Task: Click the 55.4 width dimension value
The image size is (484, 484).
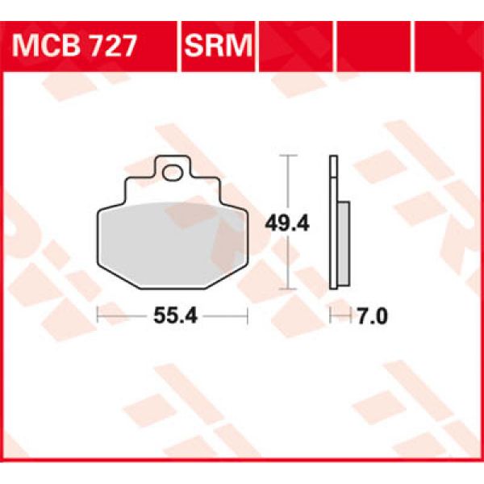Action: click(171, 317)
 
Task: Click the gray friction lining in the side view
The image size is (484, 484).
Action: click(342, 242)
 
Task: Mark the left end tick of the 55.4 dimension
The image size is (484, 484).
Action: click(98, 315)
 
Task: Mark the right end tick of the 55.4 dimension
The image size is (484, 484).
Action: click(247, 315)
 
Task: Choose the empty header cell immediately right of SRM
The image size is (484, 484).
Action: click(297, 44)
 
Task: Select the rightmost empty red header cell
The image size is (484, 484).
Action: click(448, 44)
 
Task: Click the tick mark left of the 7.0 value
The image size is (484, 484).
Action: click(332, 315)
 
